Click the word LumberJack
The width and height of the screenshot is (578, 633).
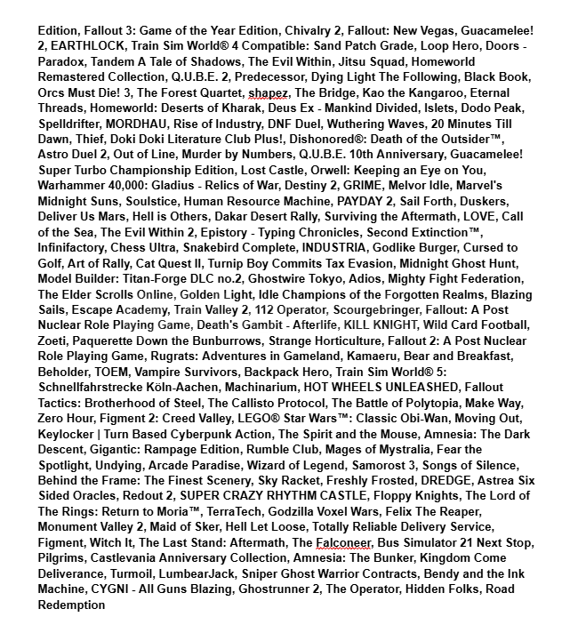click(182, 573)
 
